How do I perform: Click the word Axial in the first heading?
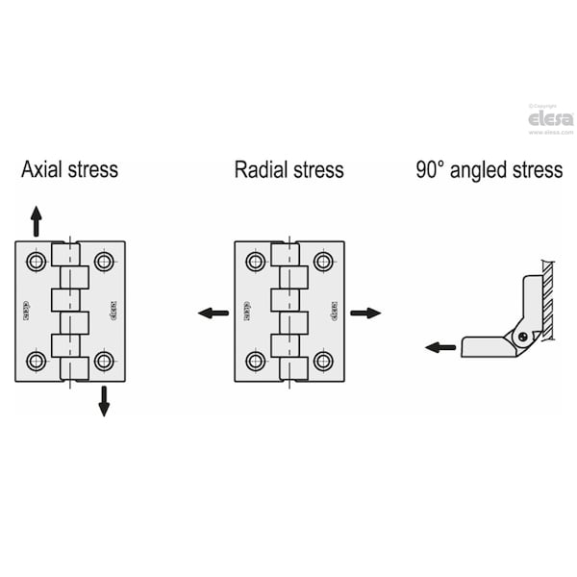click(43, 170)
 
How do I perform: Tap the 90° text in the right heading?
click(429, 170)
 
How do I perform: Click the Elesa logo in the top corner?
click(551, 118)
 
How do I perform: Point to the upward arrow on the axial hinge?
click(37, 221)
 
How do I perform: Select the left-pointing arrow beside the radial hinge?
click(213, 313)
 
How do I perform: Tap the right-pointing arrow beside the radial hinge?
click(365, 313)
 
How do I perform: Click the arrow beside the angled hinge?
click(441, 347)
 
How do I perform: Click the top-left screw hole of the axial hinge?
click(36, 262)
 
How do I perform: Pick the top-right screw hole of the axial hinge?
click(104, 262)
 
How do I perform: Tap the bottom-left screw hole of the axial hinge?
click(36, 362)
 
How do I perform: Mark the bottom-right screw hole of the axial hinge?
click(104, 362)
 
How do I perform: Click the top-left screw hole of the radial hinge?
click(255, 262)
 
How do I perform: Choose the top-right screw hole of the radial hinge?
click(323, 262)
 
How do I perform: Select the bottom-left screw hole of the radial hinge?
click(255, 362)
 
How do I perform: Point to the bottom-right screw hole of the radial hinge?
click(323, 362)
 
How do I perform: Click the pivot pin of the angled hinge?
click(522, 337)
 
